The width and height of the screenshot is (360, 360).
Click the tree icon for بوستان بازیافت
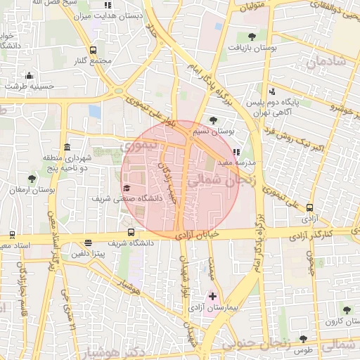[x=252, y=37]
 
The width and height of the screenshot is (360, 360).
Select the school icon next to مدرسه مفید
[x=237, y=151]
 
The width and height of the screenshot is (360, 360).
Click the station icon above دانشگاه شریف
[x=131, y=233]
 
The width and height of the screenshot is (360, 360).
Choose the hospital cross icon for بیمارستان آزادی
[x=212, y=297]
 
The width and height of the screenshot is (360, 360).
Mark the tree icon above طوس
[x=303, y=338]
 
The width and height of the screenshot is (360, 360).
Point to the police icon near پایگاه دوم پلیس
[x=271, y=91]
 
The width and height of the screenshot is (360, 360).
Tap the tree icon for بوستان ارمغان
[x=31, y=179]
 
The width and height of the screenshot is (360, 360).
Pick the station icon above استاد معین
[x=12, y=235]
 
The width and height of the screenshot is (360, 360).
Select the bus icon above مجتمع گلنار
[x=94, y=50]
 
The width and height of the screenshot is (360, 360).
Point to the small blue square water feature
[x=95, y=111]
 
